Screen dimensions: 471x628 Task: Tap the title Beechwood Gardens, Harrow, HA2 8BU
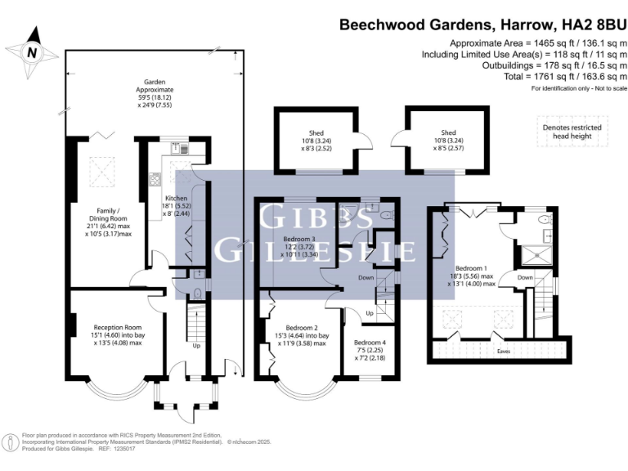482,25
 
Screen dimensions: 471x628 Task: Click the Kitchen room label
177,205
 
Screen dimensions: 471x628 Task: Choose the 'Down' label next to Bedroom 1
524,278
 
